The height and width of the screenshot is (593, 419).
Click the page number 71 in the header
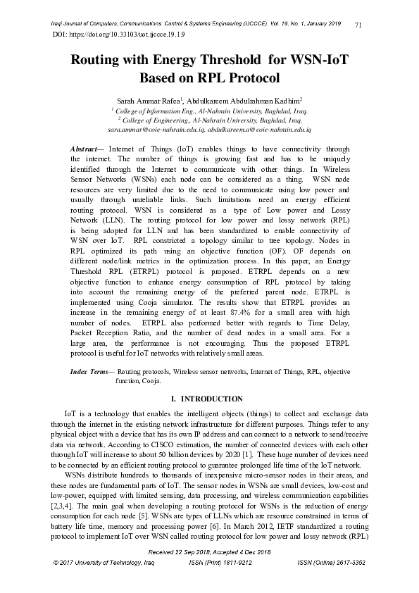tap(358, 25)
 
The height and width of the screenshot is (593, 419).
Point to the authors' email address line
tap(209, 130)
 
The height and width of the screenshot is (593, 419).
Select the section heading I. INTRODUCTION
tap(209, 399)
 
